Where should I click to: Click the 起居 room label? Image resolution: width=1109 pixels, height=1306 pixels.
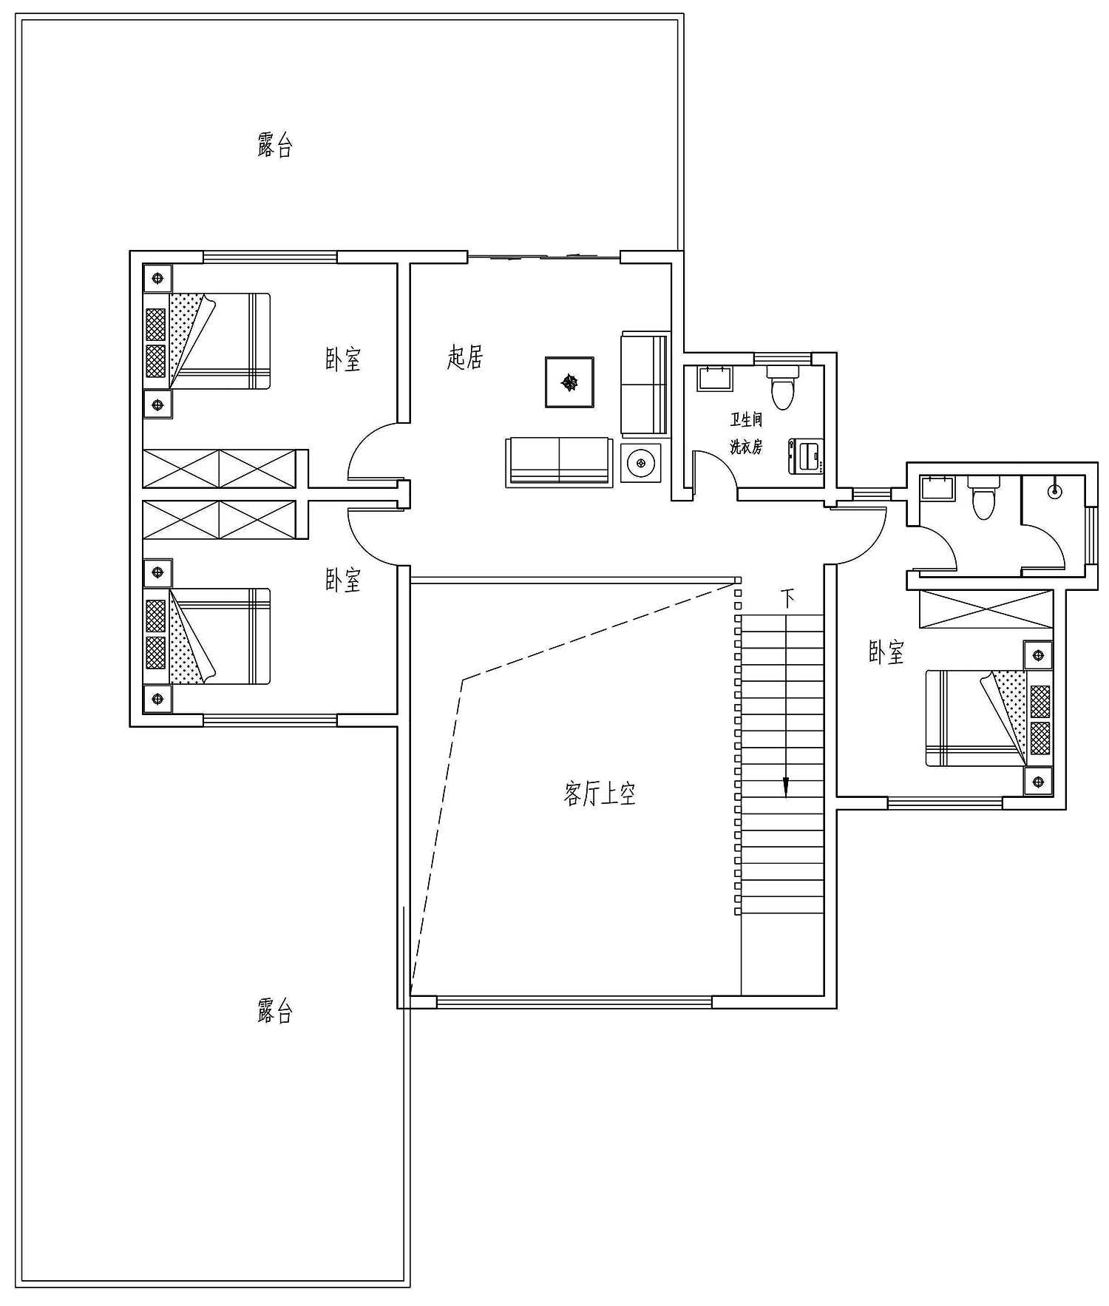tap(465, 356)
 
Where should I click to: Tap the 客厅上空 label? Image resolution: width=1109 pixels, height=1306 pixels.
tap(600, 794)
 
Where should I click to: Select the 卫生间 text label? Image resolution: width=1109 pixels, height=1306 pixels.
tap(746, 420)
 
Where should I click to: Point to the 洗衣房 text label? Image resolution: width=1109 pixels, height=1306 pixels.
tap(746, 447)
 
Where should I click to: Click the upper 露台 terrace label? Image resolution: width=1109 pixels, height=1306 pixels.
tap(275, 145)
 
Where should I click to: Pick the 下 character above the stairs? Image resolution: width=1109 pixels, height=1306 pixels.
tap(788, 598)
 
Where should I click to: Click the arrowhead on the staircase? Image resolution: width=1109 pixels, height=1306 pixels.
tap(786, 788)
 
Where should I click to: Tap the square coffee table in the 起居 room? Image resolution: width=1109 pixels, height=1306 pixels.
tap(570, 382)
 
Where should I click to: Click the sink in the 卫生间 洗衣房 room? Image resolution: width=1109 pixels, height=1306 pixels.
tap(714, 378)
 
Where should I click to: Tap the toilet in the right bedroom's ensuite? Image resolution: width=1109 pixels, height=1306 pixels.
tap(983, 497)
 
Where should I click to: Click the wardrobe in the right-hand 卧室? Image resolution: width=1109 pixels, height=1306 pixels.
tap(986, 609)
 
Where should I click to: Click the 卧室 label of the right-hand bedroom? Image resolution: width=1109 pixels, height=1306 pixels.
tap(886, 652)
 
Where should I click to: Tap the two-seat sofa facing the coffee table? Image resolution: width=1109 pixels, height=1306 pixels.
tap(559, 461)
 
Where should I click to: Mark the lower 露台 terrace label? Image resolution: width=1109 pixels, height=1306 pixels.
tap(275, 1010)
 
